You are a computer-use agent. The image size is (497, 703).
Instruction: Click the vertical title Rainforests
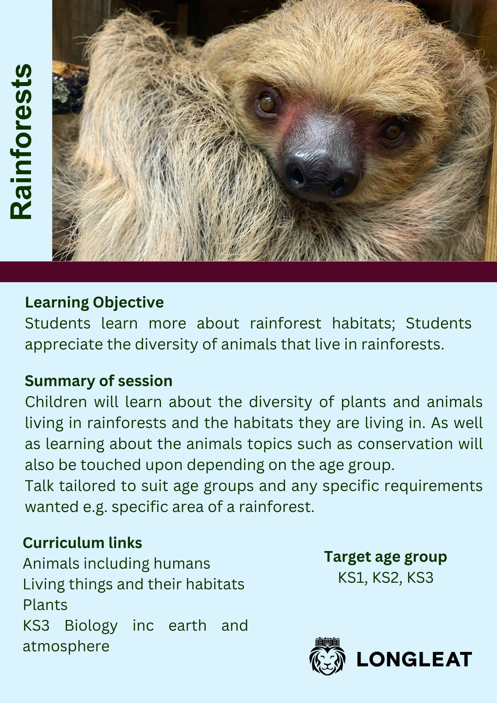pos(21,142)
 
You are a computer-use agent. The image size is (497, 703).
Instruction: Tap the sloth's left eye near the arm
pos(267,104)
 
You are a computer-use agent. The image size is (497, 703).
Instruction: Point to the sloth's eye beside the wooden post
pos(392,132)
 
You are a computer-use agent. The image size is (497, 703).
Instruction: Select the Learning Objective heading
pos(94,303)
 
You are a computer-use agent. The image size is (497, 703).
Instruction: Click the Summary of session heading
pos(99,381)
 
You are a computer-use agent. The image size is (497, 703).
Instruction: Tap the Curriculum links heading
pos(82,543)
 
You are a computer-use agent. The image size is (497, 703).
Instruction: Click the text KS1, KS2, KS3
pos(386,578)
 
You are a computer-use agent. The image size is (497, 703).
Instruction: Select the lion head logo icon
pos(327,656)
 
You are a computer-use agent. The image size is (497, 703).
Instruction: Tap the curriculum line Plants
pos(45,605)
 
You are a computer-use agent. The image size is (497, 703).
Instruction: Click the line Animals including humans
pos(116,564)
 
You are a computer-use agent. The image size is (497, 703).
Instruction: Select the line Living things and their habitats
pos(134,584)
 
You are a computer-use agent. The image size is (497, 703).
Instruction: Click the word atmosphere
pos(66,646)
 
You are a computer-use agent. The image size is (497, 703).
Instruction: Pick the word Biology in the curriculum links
pos(91,626)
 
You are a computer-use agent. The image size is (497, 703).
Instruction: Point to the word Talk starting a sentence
pos(39,486)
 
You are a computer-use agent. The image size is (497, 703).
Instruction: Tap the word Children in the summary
pos(56,402)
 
